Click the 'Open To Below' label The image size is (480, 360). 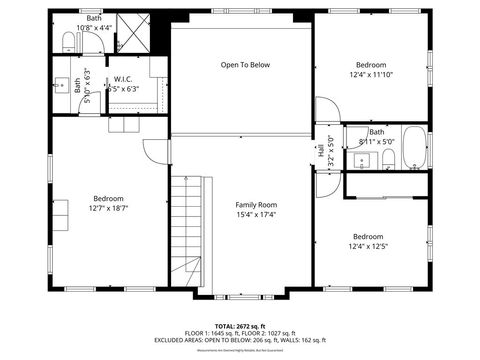(245, 65)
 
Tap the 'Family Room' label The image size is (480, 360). (255, 204)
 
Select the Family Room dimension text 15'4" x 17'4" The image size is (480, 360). (255, 214)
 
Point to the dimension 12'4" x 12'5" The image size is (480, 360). (368, 246)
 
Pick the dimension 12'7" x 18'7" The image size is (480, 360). (109, 208)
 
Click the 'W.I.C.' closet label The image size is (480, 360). (124, 79)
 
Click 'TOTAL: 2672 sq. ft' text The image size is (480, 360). (240, 326)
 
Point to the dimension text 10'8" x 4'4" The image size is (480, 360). (94, 27)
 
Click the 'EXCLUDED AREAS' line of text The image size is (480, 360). (240, 340)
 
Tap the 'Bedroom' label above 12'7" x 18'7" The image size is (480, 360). (109, 198)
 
